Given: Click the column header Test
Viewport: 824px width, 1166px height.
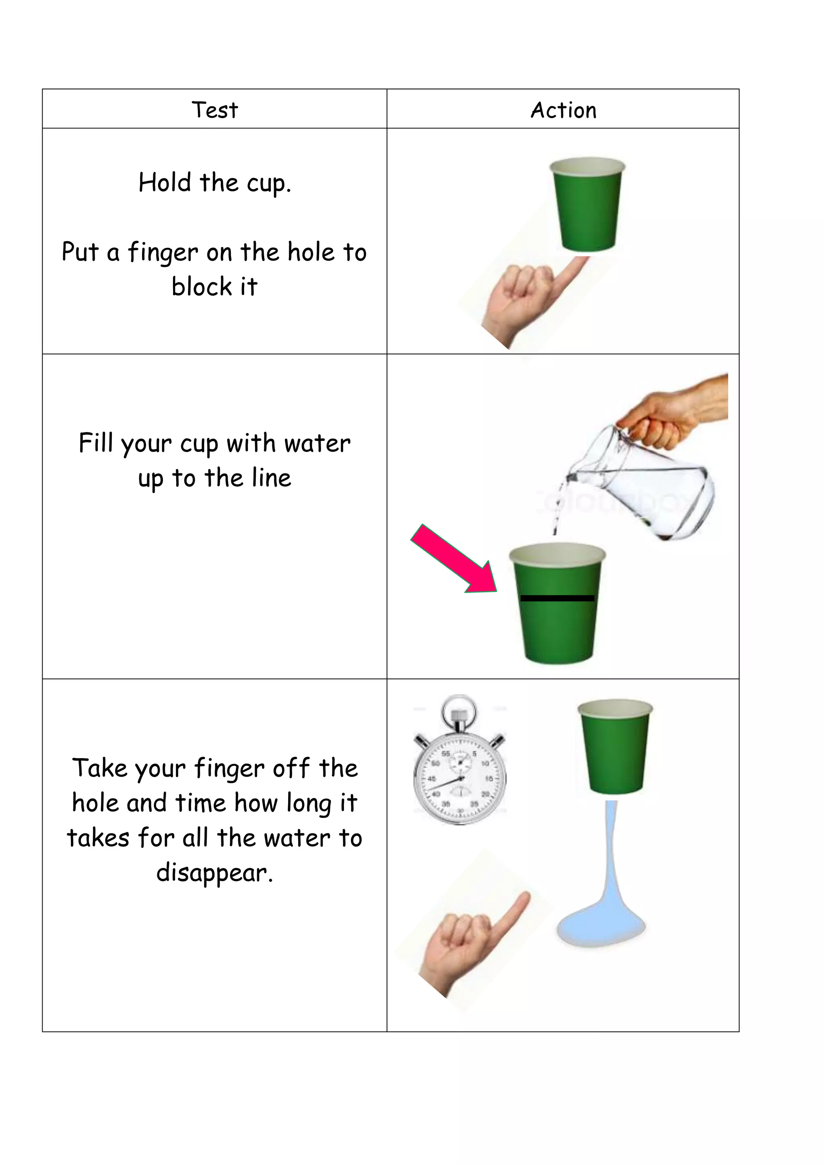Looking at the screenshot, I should pos(214,110).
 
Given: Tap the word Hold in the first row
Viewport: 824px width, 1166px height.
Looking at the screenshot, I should pos(165,182).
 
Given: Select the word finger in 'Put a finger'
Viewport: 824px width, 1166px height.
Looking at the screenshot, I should pos(163,252).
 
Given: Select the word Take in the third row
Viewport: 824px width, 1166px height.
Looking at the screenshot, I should pos(99,768).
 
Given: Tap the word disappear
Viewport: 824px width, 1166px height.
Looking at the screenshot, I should pos(214,873).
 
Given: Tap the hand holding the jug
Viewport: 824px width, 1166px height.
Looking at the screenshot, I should pos(675,411).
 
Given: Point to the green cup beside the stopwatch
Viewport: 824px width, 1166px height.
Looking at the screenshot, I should pos(615,746).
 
